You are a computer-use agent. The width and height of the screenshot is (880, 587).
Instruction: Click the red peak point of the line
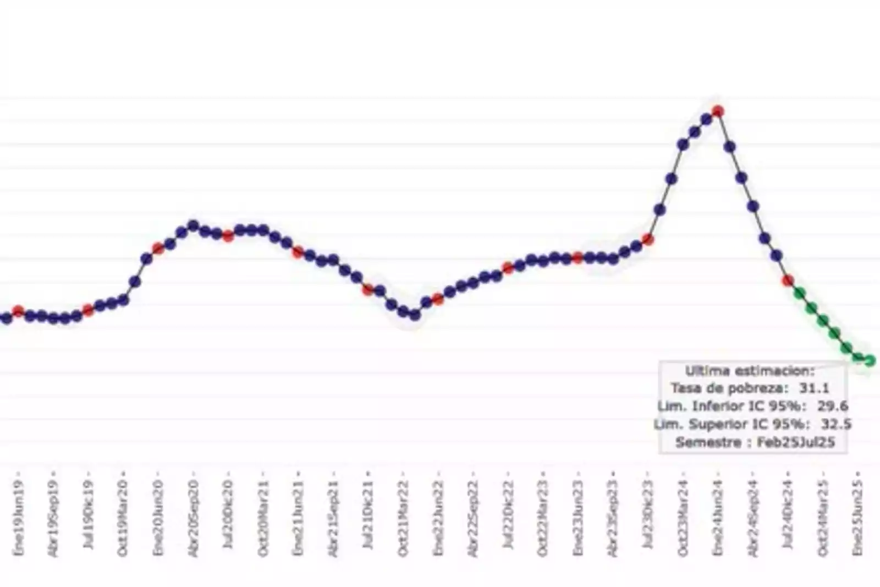[718, 112]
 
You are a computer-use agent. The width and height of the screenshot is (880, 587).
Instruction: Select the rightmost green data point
[870, 361]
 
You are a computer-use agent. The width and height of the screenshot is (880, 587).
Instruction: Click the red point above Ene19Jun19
[18, 311]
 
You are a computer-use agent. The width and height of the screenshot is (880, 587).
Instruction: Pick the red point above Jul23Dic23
[648, 240]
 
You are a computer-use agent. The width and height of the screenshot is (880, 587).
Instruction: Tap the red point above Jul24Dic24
[788, 281]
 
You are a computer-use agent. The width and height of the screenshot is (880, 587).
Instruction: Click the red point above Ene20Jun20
[158, 248]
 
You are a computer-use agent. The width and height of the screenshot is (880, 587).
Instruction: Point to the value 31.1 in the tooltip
[814, 388]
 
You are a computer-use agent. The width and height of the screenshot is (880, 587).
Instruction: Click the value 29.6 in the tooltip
[833, 406]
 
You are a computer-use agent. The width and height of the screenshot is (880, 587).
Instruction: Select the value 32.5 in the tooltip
[836, 424]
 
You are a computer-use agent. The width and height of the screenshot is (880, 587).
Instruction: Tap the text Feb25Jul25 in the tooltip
[796, 442]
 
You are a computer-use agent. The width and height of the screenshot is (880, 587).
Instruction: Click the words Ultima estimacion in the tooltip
[750, 370]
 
